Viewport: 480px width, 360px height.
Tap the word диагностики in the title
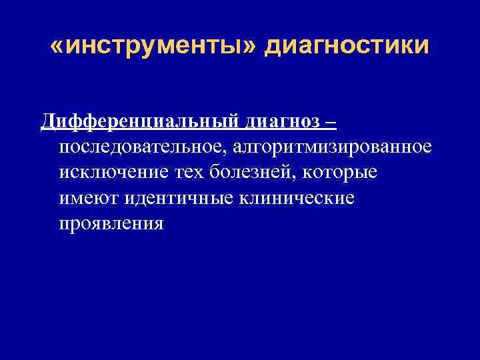coord(347,47)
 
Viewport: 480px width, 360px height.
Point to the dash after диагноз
coord(331,122)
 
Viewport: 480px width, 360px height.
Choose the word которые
coord(340,172)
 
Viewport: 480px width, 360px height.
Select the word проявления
coord(111,223)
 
